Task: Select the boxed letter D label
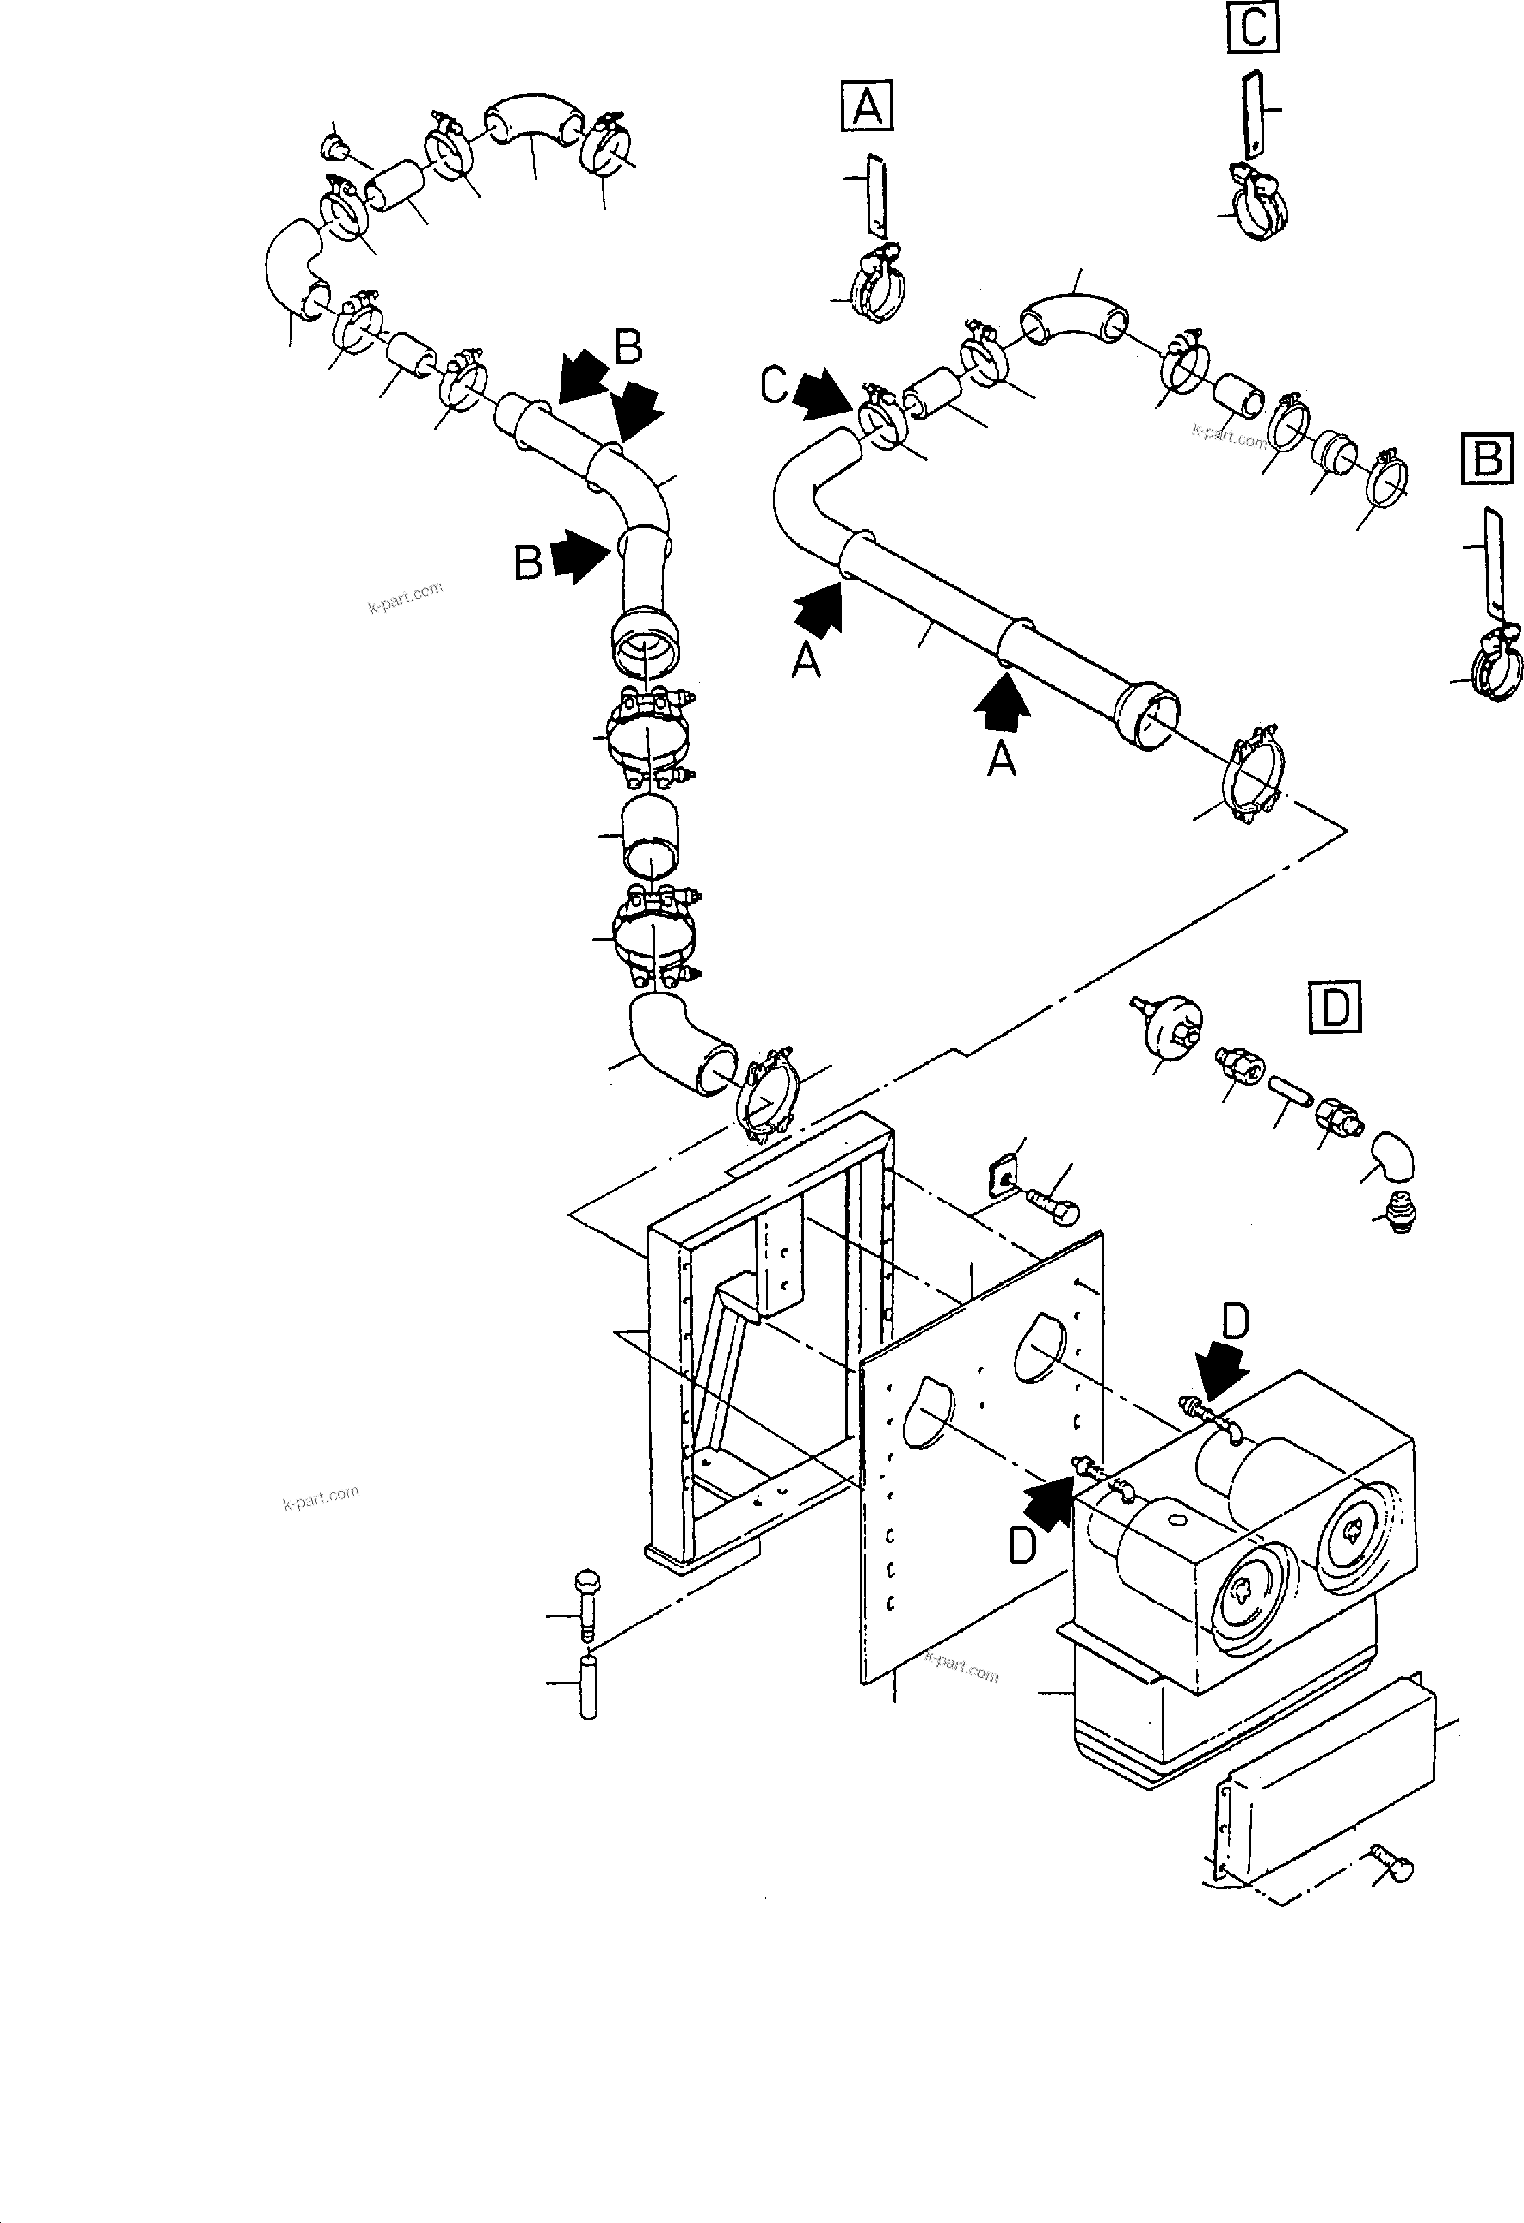coord(1334,1007)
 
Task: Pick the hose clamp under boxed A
coord(878,287)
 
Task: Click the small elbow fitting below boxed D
coord(1393,1158)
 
